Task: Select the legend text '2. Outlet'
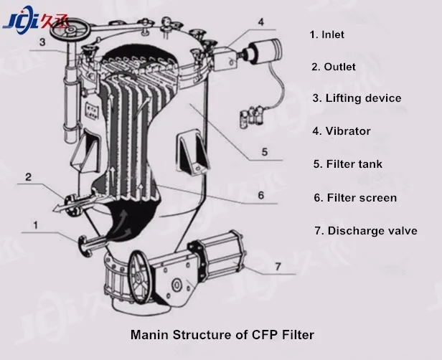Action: [x=333, y=67]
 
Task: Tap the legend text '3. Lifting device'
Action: [x=356, y=98]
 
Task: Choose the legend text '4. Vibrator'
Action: [x=341, y=131]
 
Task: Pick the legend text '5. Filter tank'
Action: [x=347, y=164]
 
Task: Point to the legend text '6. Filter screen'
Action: [x=354, y=197]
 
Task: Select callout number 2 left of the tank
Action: [x=29, y=176]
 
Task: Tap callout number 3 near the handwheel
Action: [x=42, y=42]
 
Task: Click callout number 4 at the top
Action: [x=260, y=22]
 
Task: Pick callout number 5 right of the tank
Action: [x=263, y=151]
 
